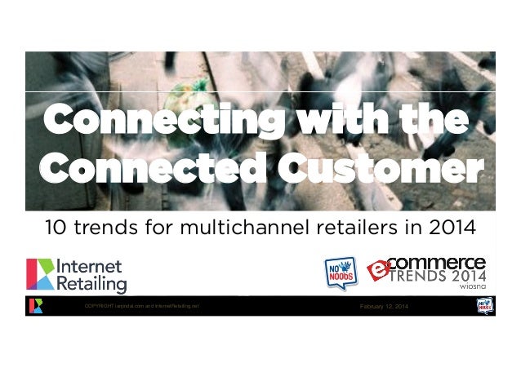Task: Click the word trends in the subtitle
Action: click(114, 224)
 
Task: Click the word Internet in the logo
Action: click(91, 267)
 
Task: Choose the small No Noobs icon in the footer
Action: click(483, 306)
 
